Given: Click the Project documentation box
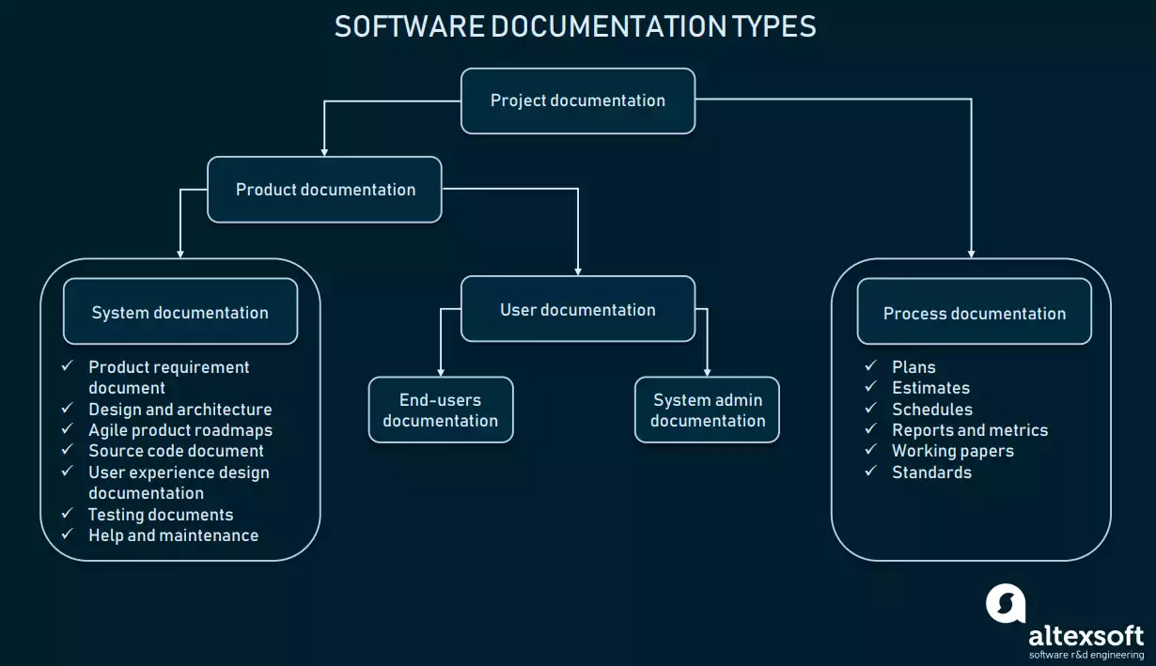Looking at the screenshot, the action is click(x=578, y=101).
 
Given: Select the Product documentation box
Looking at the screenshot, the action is click(x=324, y=190).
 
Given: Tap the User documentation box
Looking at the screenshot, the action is click(x=578, y=309).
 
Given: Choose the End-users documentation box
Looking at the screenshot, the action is click(x=441, y=410).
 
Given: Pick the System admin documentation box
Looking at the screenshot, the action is click(x=707, y=410).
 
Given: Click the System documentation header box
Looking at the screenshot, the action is click(x=180, y=312).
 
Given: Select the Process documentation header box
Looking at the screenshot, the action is click(x=975, y=312).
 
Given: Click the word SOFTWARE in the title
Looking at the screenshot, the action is click(x=409, y=27).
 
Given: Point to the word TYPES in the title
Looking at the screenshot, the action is click(x=774, y=27).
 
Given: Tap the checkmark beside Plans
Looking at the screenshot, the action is click(x=870, y=365).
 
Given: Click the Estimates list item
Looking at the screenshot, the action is click(x=930, y=388).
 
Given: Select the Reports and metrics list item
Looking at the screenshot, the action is click(x=970, y=430).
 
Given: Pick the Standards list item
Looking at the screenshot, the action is click(x=931, y=472).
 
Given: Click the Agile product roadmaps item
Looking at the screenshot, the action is click(x=180, y=430).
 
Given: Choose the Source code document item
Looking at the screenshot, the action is click(x=176, y=451).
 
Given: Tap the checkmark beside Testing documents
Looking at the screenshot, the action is click(x=67, y=513).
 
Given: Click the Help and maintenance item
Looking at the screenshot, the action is click(x=173, y=535).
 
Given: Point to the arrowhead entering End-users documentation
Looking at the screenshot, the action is click(x=441, y=373).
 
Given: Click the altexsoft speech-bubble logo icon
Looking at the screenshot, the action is click(x=1006, y=604).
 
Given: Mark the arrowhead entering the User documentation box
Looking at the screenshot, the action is click(x=578, y=271).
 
